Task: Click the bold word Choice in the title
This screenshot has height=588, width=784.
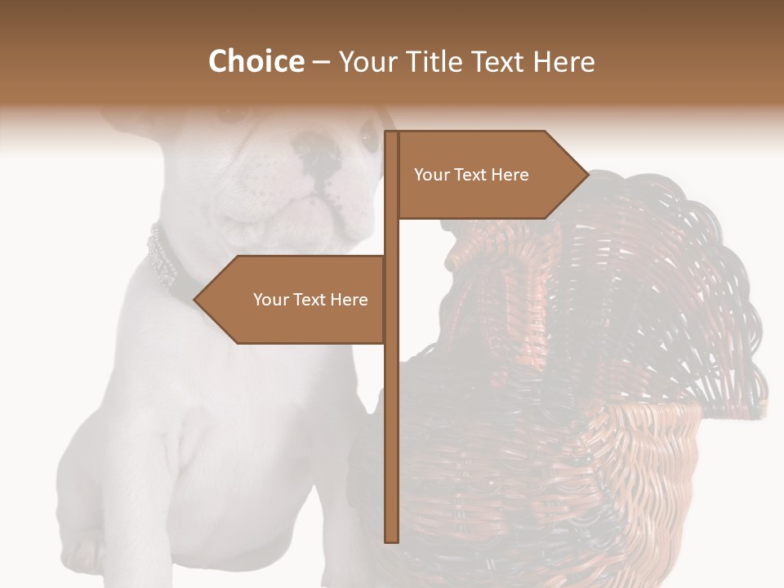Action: click(256, 61)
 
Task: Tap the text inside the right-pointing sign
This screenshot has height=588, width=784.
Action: click(471, 175)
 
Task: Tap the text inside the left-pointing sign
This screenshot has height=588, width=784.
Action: click(310, 300)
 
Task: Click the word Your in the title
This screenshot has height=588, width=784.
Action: click(364, 62)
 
